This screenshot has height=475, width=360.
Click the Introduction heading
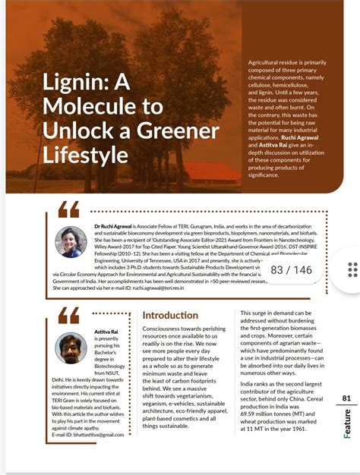(170, 315)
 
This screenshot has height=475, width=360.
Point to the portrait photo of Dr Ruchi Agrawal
(70, 242)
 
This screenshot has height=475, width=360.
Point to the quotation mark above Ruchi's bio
(68, 209)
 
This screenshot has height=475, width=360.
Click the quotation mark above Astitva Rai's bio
(68, 314)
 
